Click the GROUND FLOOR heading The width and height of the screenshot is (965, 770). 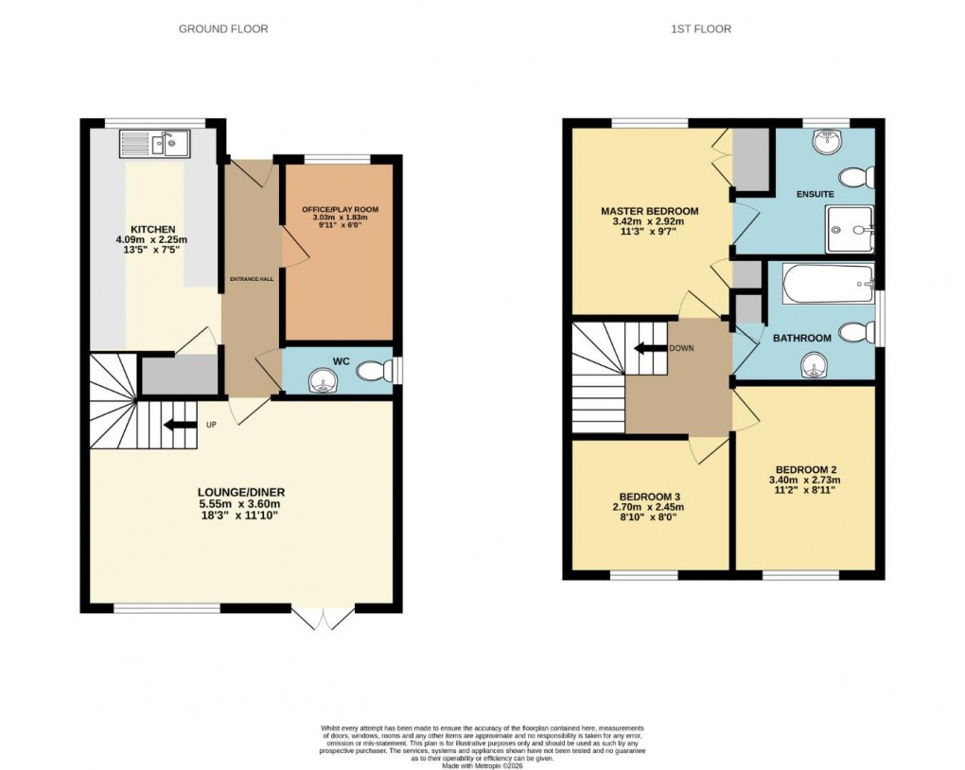(223, 29)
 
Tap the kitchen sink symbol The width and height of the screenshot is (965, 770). (154, 144)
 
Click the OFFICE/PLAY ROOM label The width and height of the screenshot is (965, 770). (338, 208)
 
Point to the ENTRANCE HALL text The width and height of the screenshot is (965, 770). (251, 279)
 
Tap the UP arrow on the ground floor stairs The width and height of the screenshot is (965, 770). (179, 425)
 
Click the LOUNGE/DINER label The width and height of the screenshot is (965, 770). (241, 492)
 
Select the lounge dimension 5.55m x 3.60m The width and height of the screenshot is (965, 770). (241, 503)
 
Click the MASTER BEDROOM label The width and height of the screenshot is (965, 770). (649, 211)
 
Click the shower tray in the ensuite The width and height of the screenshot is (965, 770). (850, 230)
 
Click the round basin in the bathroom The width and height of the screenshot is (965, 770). (812, 363)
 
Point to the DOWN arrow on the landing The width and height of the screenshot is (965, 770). (649, 347)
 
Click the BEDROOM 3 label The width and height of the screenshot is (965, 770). (650, 497)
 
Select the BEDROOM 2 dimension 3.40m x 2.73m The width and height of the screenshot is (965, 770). (807, 481)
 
